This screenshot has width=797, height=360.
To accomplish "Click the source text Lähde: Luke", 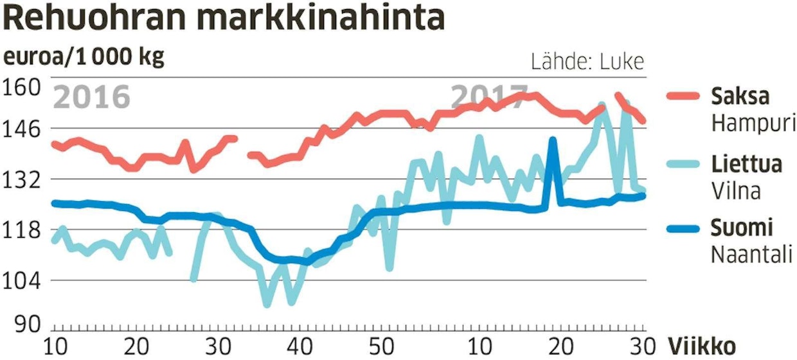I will [x=587, y=62].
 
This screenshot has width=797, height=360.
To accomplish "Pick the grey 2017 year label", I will [x=488, y=96].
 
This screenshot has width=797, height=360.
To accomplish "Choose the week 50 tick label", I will [x=385, y=345].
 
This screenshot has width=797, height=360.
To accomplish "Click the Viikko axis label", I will [x=701, y=345].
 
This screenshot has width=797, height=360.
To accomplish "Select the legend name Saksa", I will [x=740, y=97].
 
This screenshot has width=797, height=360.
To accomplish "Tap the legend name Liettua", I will [x=747, y=164].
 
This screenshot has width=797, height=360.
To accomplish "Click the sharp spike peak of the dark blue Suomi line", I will [x=552, y=139].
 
